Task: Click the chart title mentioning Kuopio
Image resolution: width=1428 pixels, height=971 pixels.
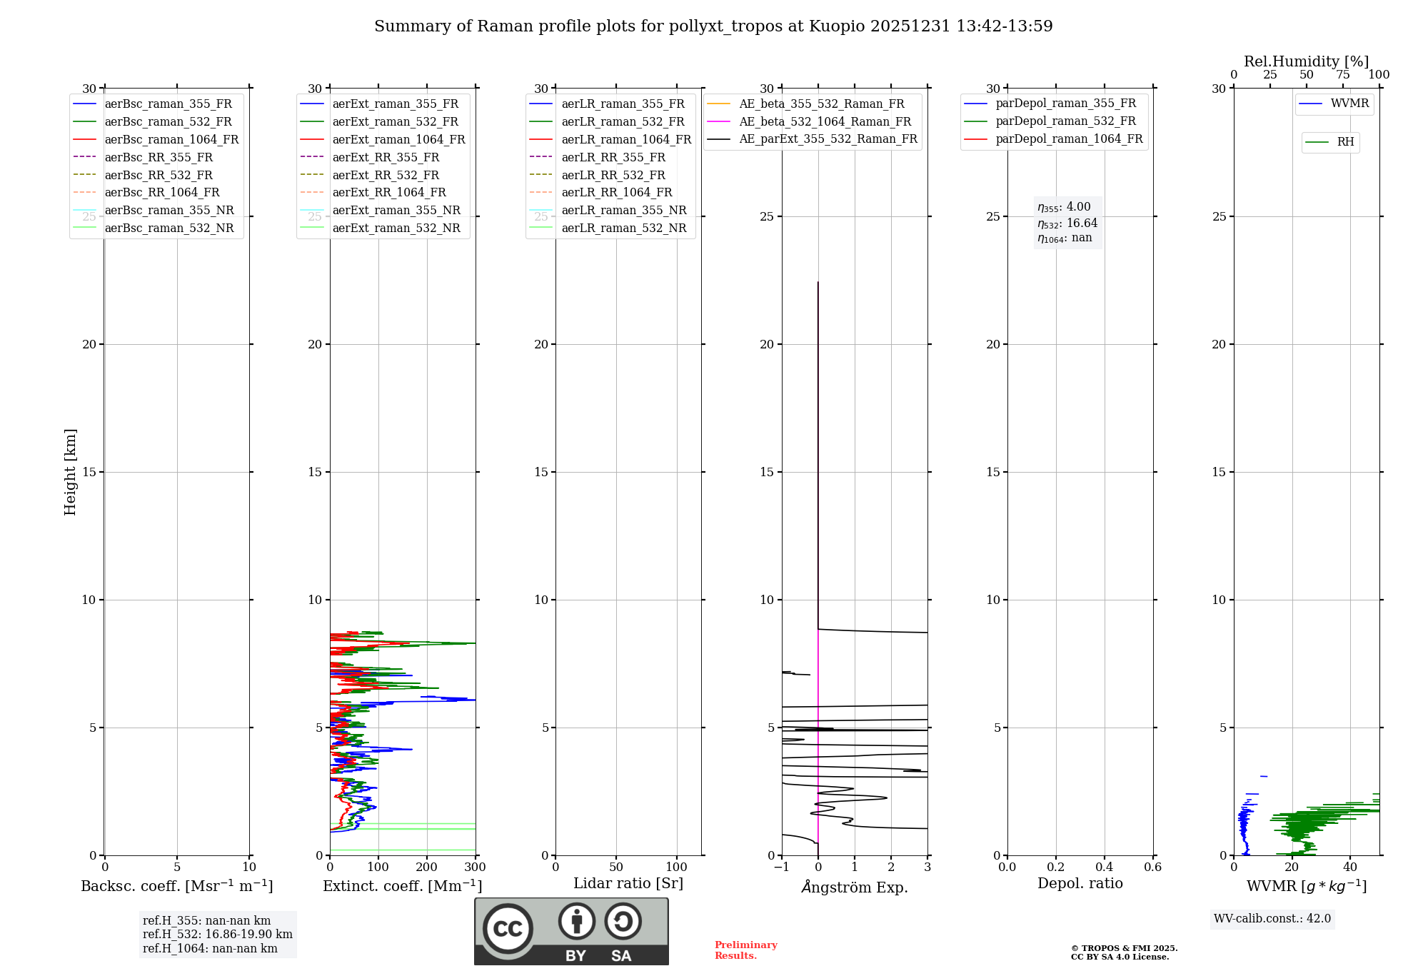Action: pyautogui.click(x=713, y=26)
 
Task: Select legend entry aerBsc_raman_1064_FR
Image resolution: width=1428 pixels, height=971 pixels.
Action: pyautogui.click(x=171, y=139)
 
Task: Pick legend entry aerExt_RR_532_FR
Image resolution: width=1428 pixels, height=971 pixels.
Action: pyautogui.click(x=386, y=175)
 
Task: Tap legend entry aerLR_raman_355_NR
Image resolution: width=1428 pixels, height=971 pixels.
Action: pyautogui.click(x=623, y=210)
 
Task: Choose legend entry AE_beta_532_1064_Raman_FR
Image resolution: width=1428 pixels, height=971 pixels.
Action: pyautogui.click(x=825, y=121)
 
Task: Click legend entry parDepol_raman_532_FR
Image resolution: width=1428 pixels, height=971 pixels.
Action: pyautogui.click(x=1065, y=121)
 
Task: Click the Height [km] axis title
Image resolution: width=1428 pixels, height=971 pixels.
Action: pyautogui.click(x=70, y=472)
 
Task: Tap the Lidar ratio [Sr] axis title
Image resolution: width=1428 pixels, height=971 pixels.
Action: pyautogui.click(x=628, y=883)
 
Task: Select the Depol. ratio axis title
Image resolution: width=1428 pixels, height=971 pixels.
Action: pyautogui.click(x=1080, y=883)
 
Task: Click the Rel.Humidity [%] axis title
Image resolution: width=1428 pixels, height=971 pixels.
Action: pyautogui.click(x=1306, y=61)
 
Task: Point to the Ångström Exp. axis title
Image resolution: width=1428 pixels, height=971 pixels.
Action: pyautogui.click(x=855, y=887)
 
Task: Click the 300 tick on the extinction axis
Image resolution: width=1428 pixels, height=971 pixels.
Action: pyautogui.click(x=475, y=867)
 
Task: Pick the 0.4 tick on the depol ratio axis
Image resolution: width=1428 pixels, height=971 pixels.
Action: pyautogui.click(x=1104, y=867)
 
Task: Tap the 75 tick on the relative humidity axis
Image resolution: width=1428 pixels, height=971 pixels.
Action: pyautogui.click(x=1342, y=75)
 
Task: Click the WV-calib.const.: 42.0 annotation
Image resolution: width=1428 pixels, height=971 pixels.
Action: pyautogui.click(x=1272, y=919)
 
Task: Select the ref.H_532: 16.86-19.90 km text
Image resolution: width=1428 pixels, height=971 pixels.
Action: pyautogui.click(x=217, y=934)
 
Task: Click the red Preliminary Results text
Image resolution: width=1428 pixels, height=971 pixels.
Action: pyautogui.click(x=745, y=950)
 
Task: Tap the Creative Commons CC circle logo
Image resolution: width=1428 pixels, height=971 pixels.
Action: pyautogui.click(x=508, y=928)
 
